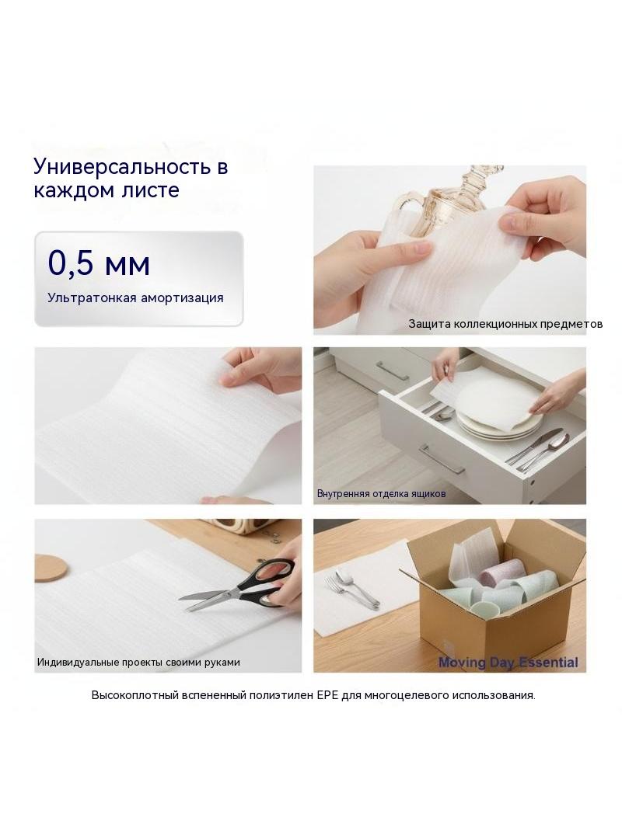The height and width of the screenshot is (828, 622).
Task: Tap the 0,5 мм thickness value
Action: [99, 263]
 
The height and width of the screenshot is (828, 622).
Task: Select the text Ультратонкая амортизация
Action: [135, 297]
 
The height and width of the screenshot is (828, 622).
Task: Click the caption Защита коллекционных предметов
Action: [505, 324]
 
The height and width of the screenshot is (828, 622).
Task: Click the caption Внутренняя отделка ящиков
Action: [381, 494]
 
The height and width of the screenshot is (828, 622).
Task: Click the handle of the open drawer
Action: [442, 459]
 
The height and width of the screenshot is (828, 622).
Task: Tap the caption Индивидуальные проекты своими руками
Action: [138, 663]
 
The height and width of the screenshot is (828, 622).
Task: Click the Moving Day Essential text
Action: [508, 663]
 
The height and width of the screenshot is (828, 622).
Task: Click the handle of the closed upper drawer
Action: [393, 371]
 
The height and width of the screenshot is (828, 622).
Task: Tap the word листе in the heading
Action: [156, 190]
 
